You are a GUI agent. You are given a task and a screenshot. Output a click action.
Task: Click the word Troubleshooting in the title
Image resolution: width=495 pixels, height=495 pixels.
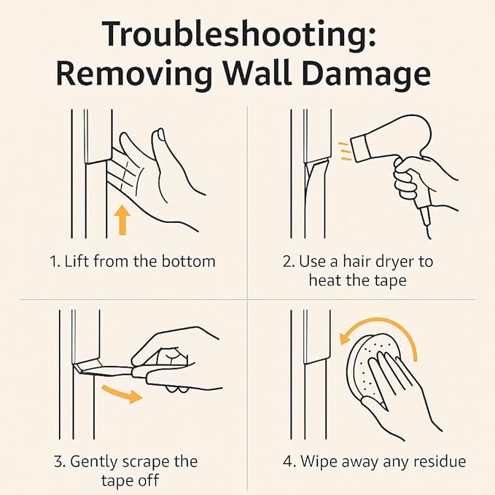pos(239,34)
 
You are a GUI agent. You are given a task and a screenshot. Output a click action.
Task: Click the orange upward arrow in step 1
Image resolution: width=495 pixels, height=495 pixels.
pos(122,220)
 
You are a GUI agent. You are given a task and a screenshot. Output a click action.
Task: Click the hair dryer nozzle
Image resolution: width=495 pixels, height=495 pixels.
pos(360,148)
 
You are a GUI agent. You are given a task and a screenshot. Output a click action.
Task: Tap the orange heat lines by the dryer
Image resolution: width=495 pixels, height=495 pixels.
pos(345,152)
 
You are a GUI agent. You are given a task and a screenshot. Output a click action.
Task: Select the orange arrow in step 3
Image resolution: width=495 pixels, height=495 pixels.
pos(122,394)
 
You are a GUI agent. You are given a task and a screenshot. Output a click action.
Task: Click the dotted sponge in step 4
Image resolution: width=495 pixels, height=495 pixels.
pos(373,366)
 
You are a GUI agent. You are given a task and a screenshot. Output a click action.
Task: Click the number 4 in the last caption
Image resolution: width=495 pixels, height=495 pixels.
pos(288,462)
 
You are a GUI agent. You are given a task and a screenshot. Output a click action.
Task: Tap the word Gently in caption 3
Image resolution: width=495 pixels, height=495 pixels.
pos(94,463)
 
